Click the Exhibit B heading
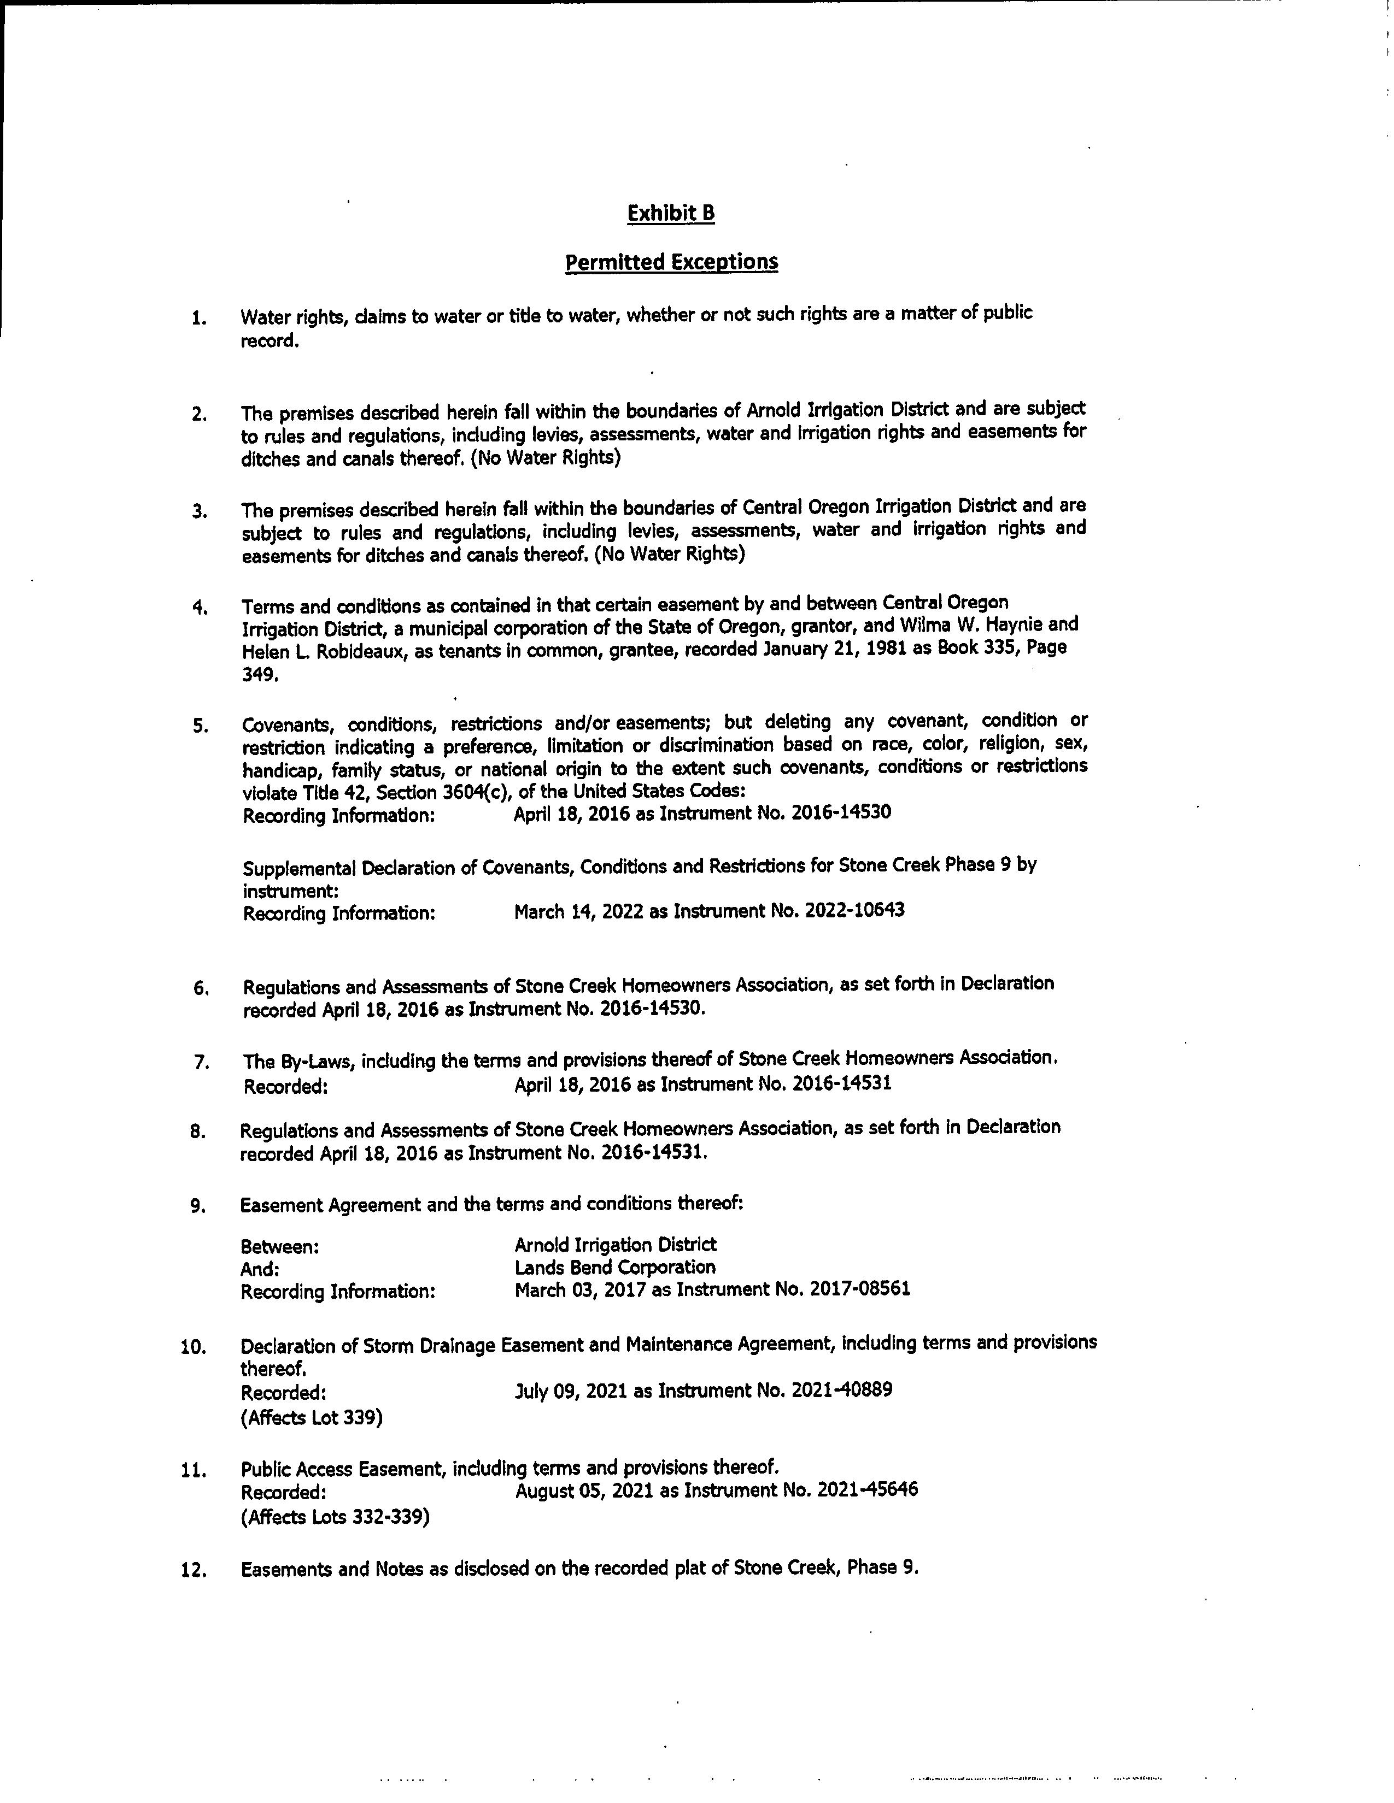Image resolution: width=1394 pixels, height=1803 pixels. point(671,214)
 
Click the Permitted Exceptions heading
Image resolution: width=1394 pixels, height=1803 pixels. point(671,262)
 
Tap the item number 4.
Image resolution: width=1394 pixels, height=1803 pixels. point(199,609)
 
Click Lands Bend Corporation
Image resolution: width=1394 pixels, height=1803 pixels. point(615,1267)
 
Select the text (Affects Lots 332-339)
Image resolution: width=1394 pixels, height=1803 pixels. point(335,1517)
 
